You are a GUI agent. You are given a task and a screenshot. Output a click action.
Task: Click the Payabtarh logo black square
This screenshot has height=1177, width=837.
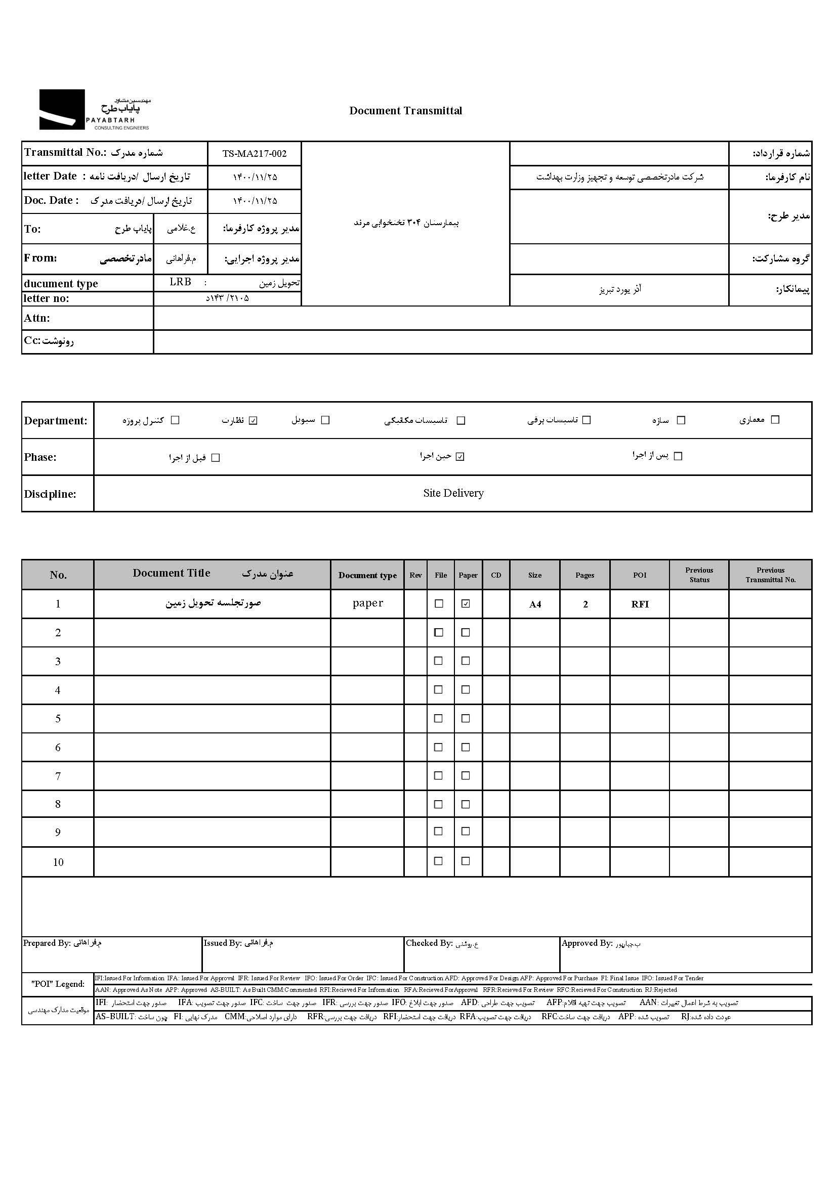pyautogui.click(x=62, y=109)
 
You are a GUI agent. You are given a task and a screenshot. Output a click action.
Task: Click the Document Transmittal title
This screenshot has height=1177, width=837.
pyautogui.click(x=406, y=111)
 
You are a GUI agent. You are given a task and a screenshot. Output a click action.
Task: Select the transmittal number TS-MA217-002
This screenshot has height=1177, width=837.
pyautogui.click(x=254, y=153)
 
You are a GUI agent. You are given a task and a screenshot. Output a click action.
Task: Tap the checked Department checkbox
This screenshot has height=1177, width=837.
pyautogui.click(x=253, y=420)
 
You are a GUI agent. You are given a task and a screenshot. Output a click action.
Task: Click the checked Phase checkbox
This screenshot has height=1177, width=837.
pyautogui.click(x=460, y=457)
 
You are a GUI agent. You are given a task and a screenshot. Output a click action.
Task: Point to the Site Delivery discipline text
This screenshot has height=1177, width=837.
pyautogui.click(x=453, y=493)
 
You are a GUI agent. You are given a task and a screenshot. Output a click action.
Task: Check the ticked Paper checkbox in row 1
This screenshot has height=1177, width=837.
pyautogui.click(x=466, y=604)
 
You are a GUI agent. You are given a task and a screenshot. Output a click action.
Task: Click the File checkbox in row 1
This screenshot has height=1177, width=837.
pyautogui.click(x=439, y=604)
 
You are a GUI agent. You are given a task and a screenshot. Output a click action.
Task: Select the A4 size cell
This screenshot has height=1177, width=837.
pyautogui.click(x=535, y=604)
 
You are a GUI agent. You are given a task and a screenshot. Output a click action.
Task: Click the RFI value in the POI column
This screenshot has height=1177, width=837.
pyautogui.click(x=640, y=604)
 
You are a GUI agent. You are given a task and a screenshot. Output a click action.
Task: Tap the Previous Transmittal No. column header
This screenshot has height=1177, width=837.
pyautogui.click(x=770, y=575)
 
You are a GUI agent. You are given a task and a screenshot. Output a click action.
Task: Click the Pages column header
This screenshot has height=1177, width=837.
pyautogui.click(x=584, y=575)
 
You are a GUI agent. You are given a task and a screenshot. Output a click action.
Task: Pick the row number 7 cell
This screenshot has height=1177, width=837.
pyautogui.click(x=58, y=776)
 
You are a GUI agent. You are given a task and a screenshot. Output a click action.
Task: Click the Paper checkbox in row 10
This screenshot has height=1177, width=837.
pyautogui.click(x=466, y=861)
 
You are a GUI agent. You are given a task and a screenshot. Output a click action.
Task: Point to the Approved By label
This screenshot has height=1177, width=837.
pyautogui.click(x=587, y=943)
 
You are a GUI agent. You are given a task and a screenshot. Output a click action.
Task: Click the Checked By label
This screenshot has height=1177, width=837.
pyautogui.click(x=429, y=943)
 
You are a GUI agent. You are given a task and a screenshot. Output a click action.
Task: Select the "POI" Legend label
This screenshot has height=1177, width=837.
pyautogui.click(x=58, y=984)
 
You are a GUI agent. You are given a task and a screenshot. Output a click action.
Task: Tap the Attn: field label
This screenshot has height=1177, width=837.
pyautogui.click(x=37, y=318)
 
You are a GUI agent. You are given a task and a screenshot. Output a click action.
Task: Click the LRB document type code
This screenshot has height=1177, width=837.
pyautogui.click(x=180, y=282)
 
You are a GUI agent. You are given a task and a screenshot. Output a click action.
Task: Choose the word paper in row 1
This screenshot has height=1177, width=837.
pyautogui.click(x=367, y=603)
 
